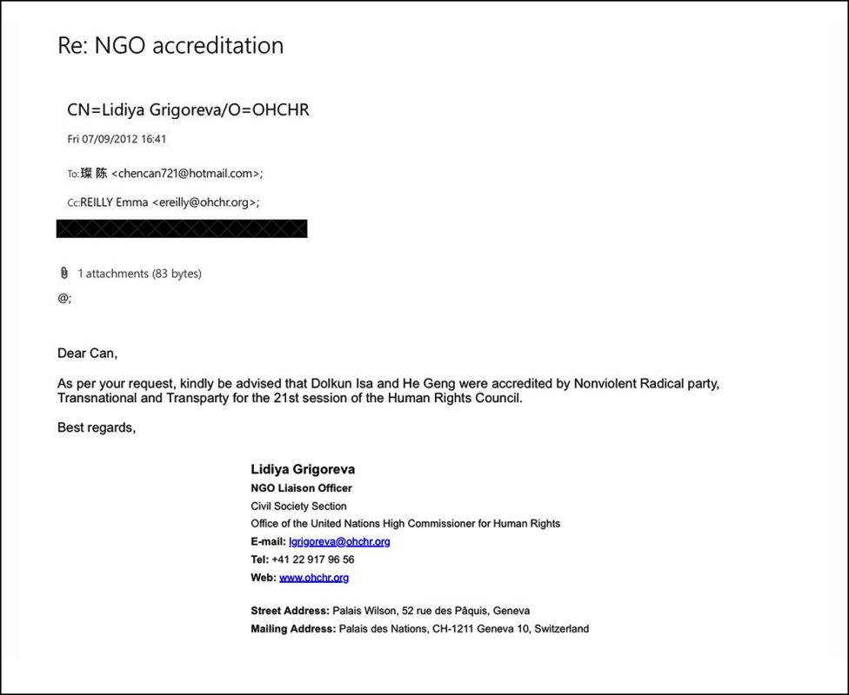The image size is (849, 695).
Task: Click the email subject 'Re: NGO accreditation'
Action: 170,45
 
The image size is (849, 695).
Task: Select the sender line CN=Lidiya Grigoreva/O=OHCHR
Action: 188,109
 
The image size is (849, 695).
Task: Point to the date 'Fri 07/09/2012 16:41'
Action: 117,139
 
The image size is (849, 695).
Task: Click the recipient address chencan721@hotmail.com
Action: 187,174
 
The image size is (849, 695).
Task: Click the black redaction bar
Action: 182,228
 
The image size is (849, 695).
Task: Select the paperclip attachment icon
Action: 64,273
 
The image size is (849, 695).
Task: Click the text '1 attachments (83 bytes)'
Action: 139,274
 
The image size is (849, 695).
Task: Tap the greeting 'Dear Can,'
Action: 87,354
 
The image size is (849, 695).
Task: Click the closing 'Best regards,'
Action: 97,427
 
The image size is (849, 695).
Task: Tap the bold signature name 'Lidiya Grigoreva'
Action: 303,469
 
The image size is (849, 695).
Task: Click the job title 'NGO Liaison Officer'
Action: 301,488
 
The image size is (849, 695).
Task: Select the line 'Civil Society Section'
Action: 298,506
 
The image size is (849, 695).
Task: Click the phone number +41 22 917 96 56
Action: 313,559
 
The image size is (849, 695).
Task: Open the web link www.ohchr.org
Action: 314,578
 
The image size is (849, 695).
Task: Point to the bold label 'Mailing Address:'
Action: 292,629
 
